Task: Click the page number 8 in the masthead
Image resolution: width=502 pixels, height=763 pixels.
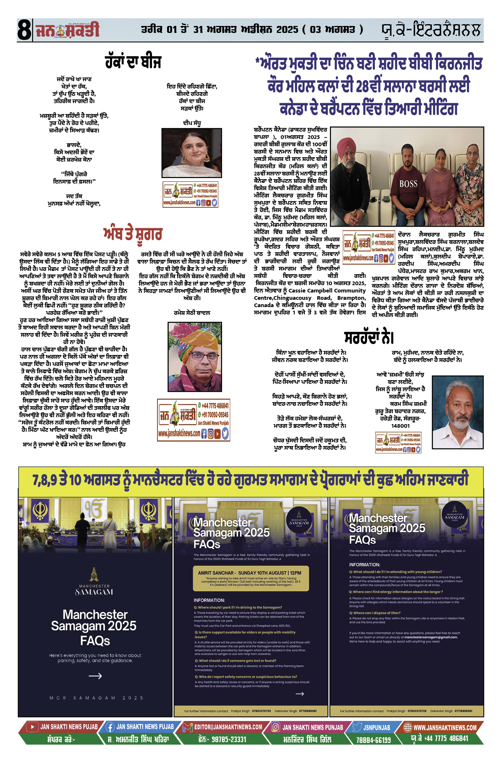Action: pyautogui.click(x=24, y=30)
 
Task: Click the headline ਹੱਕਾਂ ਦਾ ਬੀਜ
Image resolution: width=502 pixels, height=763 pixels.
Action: pyautogui.click(x=133, y=62)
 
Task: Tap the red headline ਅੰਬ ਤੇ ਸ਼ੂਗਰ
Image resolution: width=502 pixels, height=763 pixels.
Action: pyautogui.click(x=133, y=234)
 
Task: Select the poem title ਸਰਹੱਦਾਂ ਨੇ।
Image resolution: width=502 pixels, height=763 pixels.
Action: pyautogui.click(x=369, y=337)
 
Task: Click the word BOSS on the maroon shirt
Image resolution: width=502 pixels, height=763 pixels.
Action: pyautogui.click(x=408, y=184)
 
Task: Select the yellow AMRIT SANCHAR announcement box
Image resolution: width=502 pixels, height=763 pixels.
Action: pyautogui.click(x=251, y=578)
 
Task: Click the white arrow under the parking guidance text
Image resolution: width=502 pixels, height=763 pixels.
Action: pyautogui.click(x=95, y=676)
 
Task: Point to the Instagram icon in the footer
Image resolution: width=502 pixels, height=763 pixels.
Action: pyautogui.click(x=276, y=728)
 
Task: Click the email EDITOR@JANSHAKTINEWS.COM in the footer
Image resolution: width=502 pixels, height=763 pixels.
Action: pyautogui.click(x=228, y=727)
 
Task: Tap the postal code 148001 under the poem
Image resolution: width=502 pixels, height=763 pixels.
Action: pyautogui.click(x=400, y=426)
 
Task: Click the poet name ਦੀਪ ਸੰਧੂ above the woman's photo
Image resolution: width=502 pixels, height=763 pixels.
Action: pyautogui.click(x=191, y=123)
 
